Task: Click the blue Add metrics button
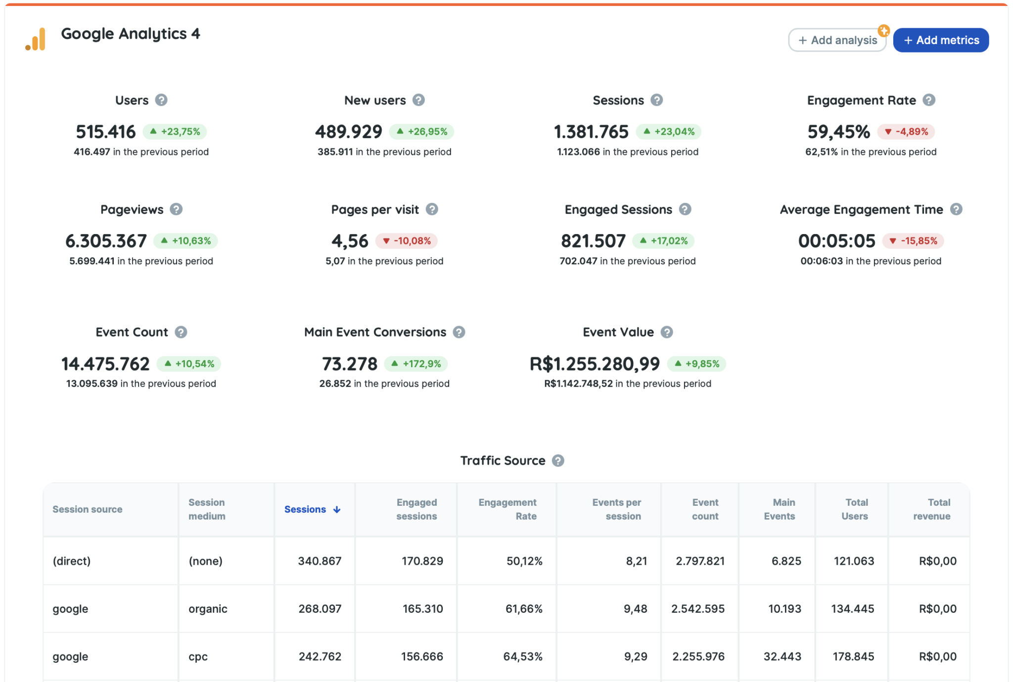click(940, 40)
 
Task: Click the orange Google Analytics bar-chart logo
click(36, 39)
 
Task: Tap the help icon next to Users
click(161, 100)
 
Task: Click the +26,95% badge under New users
click(422, 132)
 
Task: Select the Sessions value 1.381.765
click(591, 132)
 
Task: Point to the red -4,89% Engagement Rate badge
click(906, 132)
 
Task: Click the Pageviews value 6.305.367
click(106, 241)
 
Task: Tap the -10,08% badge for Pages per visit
click(407, 241)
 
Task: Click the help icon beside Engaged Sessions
click(685, 209)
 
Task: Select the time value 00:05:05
click(836, 241)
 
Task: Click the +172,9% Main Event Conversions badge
click(416, 364)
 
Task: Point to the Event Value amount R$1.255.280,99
click(594, 364)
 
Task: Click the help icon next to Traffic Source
click(558, 461)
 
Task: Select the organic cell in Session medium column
click(208, 609)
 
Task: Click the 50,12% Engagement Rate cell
click(524, 561)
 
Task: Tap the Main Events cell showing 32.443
click(782, 656)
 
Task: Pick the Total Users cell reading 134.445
click(852, 609)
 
